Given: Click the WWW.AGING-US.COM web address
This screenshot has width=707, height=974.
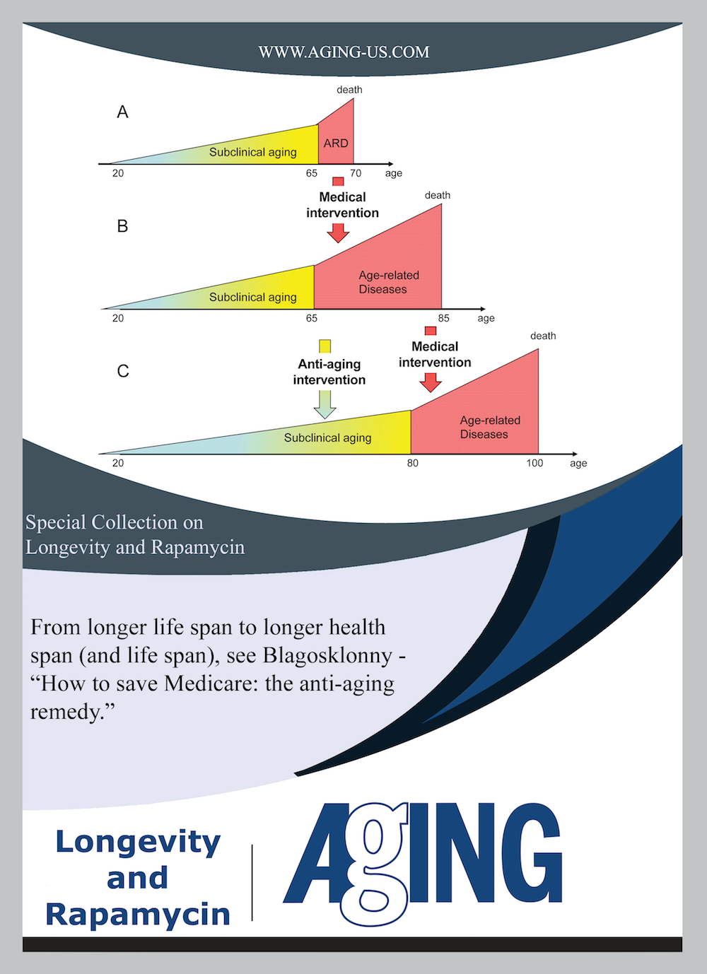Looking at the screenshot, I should click(344, 52).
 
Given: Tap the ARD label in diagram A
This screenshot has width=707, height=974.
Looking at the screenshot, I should click(336, 143).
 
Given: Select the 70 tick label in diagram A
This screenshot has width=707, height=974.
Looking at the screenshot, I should click(356, 173).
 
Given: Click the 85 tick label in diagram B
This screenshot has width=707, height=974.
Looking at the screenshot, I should click(443, 318).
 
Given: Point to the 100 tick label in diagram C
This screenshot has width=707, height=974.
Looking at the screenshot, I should click(534, 463).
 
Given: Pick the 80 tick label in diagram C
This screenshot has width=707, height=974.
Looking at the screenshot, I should click(413, 463).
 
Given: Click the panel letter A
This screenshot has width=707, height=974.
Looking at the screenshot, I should click(122, 112).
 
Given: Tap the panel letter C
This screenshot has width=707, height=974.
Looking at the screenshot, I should click(123, 371).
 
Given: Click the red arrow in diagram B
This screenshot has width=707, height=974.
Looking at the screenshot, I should click(338, 233).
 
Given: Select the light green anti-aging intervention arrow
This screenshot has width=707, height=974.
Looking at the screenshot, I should click(325, 404).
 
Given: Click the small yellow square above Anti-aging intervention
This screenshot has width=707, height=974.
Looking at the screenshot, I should click(325, 346).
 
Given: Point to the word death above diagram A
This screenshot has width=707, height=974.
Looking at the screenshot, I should click(349, 90).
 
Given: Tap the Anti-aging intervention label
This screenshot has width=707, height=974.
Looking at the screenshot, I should click(329, 372).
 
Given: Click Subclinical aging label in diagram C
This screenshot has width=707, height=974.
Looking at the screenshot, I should click(327, 438).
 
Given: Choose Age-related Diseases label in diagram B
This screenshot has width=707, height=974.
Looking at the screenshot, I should click(388, 282).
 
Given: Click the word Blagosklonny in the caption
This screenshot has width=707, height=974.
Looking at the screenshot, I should click(327, 656).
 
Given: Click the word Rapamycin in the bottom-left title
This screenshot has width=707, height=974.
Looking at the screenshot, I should click(138, 914).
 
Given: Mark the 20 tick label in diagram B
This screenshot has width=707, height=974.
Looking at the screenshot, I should click(118, 318).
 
